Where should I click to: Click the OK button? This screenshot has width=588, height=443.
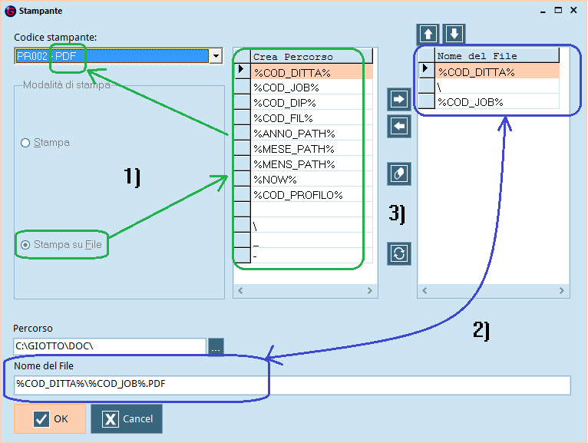[x=50, y=418]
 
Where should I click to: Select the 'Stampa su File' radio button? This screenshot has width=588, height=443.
[x=25, y=245]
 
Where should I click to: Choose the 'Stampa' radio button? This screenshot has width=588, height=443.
[x=25, y=143]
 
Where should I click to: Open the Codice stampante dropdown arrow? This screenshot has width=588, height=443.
[x=216, y=56]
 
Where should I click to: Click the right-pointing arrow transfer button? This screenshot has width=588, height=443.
[x=398, y=99]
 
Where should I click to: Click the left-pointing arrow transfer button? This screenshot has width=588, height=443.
[x=398, y=127]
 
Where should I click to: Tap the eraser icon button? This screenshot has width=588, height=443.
[x=398, y=174]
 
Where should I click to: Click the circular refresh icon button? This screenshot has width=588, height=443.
[x=398, y=253]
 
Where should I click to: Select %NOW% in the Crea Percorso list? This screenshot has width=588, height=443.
[x=276, y=180]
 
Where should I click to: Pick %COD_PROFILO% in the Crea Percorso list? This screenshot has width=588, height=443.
[x=298, y=195]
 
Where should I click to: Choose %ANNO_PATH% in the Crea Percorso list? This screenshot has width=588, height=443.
[x=294, y=134]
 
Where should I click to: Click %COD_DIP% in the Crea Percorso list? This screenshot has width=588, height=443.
[x=285, y=103]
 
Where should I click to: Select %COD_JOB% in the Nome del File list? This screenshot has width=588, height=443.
[x=471, y=102]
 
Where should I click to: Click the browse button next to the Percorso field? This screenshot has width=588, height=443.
[x=216, y=346]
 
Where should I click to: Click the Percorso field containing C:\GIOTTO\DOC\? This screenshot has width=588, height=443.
[x=110, y=346]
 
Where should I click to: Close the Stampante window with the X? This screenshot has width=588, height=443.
[x=573, y=10]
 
